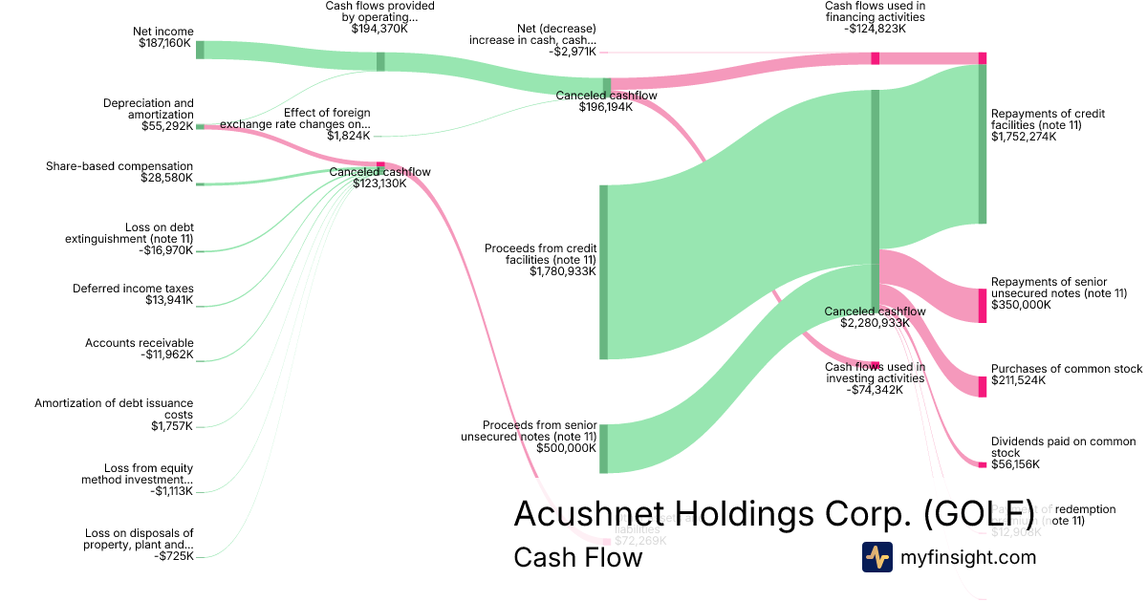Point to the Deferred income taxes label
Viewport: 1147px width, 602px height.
[133, 289]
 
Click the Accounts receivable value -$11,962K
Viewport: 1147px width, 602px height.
[166, 355]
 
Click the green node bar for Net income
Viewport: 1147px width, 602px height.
[200, 50]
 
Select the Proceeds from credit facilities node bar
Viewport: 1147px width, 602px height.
[603, 272]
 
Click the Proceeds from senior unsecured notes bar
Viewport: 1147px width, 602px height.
[603, 448]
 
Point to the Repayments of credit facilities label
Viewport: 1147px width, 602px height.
[1048, 119]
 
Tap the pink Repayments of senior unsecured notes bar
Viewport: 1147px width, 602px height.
[982, 305]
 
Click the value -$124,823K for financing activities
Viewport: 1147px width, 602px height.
[875, 29]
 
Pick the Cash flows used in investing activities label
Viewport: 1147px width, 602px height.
[875, 373]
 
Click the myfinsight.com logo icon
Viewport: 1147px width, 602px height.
[876, 557]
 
